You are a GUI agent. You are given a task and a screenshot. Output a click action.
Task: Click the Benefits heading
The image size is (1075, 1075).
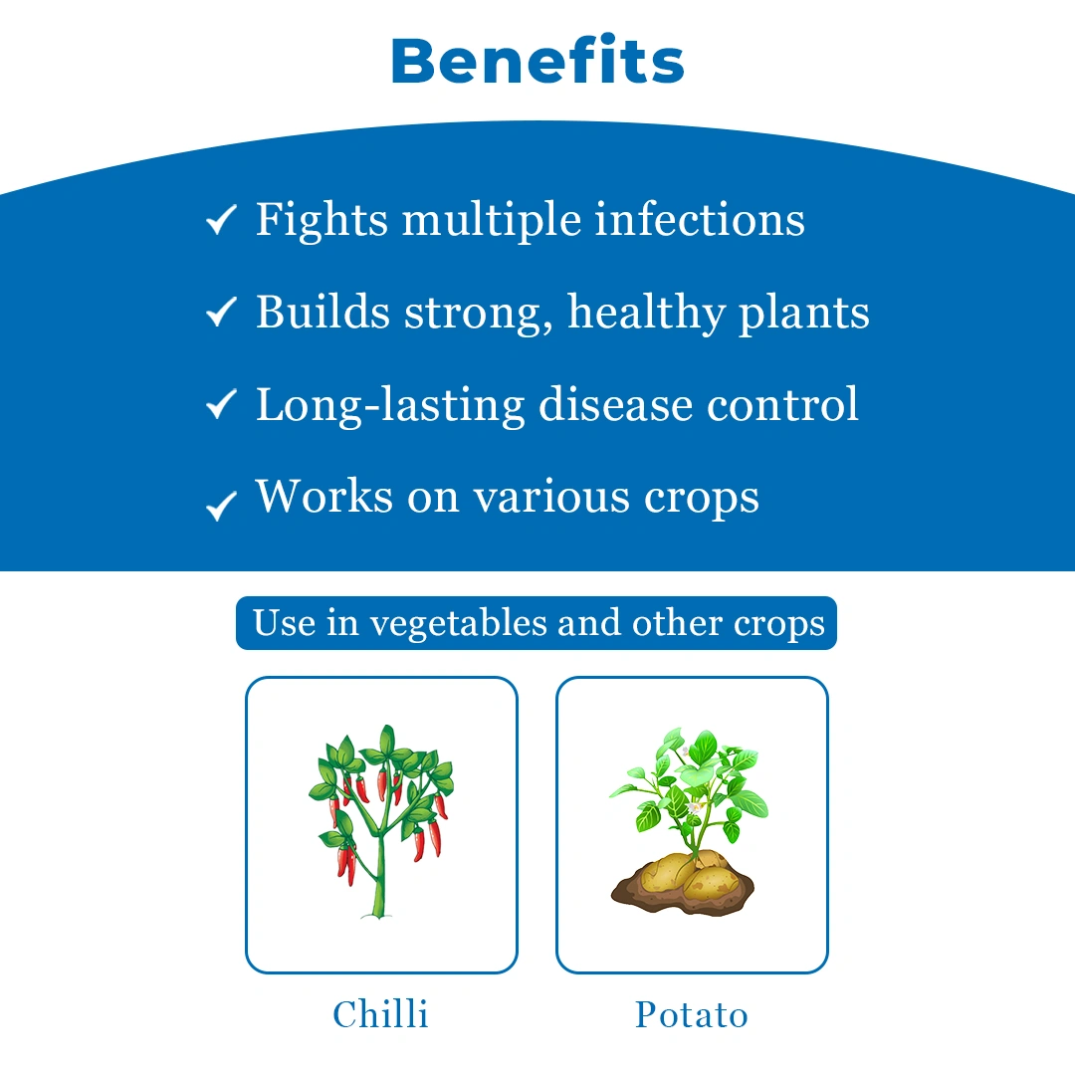tap(537, 61)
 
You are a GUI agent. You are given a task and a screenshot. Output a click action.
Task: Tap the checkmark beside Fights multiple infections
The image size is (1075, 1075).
tap(221, 219)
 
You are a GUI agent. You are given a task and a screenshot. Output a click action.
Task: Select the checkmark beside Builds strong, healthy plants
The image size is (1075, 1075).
tap(221, 312)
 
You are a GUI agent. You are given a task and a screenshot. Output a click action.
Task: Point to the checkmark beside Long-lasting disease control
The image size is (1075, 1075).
tap(221, 404)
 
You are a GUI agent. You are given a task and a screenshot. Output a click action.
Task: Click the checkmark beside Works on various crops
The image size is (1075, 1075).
tap(221, 506)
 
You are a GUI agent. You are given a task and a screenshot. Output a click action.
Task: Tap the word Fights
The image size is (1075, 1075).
tap(322, 221)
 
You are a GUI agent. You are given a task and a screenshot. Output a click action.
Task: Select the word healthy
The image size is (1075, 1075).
tap(647, 314)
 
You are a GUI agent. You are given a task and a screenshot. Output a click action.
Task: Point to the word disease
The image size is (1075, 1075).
tap(616, 404)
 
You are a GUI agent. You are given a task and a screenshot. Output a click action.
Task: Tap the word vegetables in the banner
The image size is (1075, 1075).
tap(457, 624)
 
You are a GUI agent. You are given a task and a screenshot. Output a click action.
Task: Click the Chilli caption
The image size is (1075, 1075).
tap(380, 1014)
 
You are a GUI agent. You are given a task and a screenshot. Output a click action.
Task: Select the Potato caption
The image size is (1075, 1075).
tap(691, 1014)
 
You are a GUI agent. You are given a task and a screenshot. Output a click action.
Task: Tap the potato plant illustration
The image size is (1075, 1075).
tap(689, 820)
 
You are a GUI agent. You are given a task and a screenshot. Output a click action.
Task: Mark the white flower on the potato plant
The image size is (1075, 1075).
tap(695, 808)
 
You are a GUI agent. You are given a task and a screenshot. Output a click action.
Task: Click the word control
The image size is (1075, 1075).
tap(782, 404)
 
